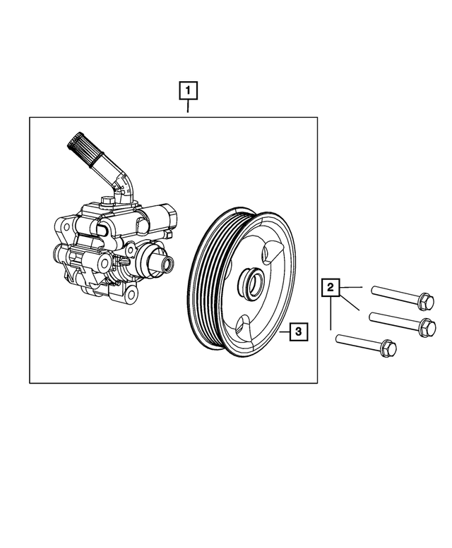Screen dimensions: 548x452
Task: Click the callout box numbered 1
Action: [x=188, y=91]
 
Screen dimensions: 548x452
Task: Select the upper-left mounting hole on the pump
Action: [x=61, y=229]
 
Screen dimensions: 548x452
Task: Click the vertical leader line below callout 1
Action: [x=188, y=108]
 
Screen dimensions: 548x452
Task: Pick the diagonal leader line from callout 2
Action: [x=350, y=303]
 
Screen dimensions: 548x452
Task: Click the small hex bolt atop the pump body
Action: [x=108, y=202]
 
